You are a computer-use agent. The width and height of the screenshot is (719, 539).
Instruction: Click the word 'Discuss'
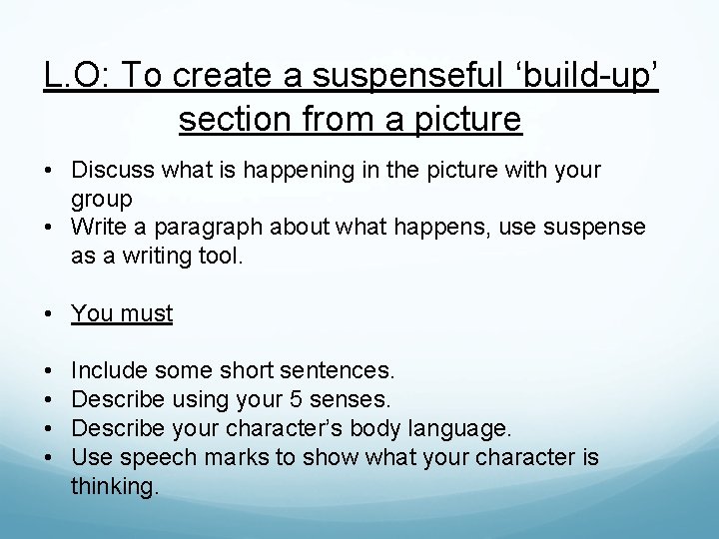tap(112, 170)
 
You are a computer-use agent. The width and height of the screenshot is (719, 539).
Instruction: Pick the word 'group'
tap(102, 200)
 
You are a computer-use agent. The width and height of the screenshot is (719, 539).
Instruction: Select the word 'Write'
tap(99, 228)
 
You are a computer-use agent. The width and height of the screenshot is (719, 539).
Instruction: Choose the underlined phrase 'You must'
tap(122, 313)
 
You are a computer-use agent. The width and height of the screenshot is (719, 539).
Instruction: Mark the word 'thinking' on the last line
tap(114, 487)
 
